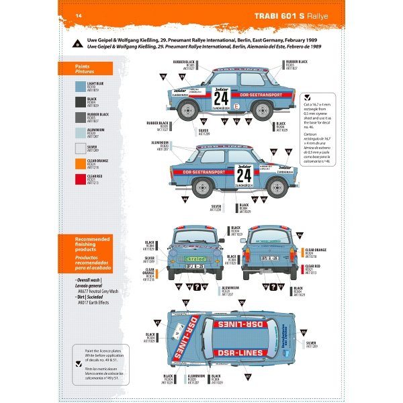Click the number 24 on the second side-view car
point(243,176)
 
